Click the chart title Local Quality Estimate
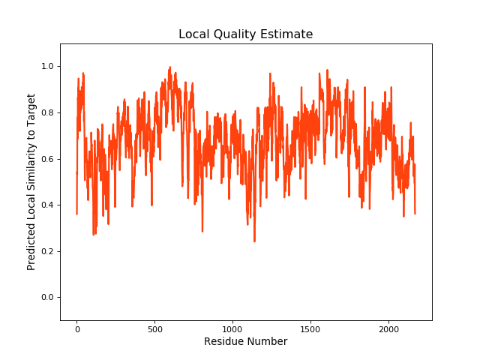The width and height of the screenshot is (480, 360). pyautogui.click(x=245, y=34)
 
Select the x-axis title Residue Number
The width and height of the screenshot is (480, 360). pyautogui.click(x=245, y=342)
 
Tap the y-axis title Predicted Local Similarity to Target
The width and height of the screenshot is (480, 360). pyautogui.click(x=31, y=181)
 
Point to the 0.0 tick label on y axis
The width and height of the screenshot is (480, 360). pyautogui.click(x=47, y=298)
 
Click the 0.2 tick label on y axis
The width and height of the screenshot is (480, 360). pyautogui.click(x=47, y=251)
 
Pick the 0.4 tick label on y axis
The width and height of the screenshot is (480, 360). pyautogui.click(x=47, y=205)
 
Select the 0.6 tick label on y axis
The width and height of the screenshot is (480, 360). pyautogui.click(x=47, y=159)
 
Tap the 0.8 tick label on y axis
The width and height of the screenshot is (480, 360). pyautogui.click(x=47, y=113)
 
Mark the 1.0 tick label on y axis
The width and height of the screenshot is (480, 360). pyautogui.click(x=47, y=67)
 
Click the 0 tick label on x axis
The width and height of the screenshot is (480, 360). pyautogui.click(x=76, y=328)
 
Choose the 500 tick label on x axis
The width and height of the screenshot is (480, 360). pyautogui.click(x=154, y=328)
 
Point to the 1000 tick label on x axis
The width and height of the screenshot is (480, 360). pyautogui.click(x=232, y=328)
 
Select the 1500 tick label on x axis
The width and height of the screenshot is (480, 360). pyautogui.click(x=310, y=328)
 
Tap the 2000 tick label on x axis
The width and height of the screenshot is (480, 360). pyautogui.click(x=388, y=328)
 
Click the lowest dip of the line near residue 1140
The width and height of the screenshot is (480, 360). pyautogui.click(x=254, y=241)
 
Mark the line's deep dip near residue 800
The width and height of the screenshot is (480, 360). pyautogui.click(x=202, y=230)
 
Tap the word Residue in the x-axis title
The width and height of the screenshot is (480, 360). pyautogui.click(x=224, y=342)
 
